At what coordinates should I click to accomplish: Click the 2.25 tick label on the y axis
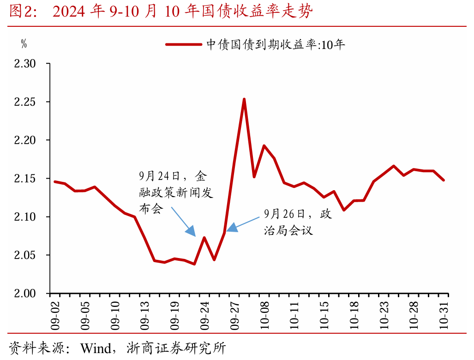coord(25,102)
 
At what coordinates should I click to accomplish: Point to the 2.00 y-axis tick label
coord(25,294)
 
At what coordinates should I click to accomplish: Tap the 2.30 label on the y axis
coord(25,63)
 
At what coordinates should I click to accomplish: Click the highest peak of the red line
coord(244,99)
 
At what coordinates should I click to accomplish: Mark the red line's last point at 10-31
coord(444,180)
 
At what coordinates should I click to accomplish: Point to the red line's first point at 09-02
coord(54,181)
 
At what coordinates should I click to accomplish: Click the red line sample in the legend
coord(183,45)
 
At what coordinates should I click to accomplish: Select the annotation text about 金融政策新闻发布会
coord(175,192)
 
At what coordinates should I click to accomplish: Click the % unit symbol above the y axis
coord(24,44)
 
